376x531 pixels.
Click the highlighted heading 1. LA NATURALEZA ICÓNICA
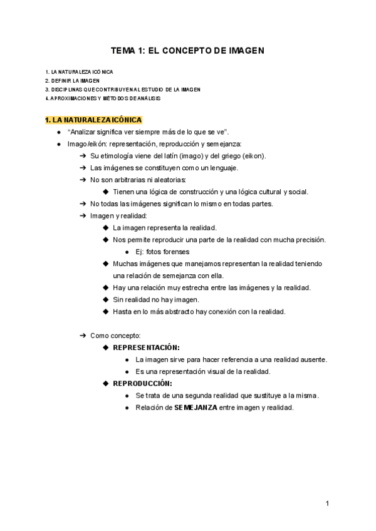(94, 120)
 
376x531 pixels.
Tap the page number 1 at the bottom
(327, 503)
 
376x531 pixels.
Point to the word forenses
(176, 252)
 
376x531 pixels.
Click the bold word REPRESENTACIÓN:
(146, 347)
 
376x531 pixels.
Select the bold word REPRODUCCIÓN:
(142, 383)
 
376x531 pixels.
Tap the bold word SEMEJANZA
(196, 408)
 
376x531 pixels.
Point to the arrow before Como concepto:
(83, 336)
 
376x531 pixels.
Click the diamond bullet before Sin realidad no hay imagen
(105, 300)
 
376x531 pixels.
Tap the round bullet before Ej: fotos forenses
(128, 252)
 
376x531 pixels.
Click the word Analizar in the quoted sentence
(82, 132)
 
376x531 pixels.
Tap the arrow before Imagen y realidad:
(83, 216)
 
